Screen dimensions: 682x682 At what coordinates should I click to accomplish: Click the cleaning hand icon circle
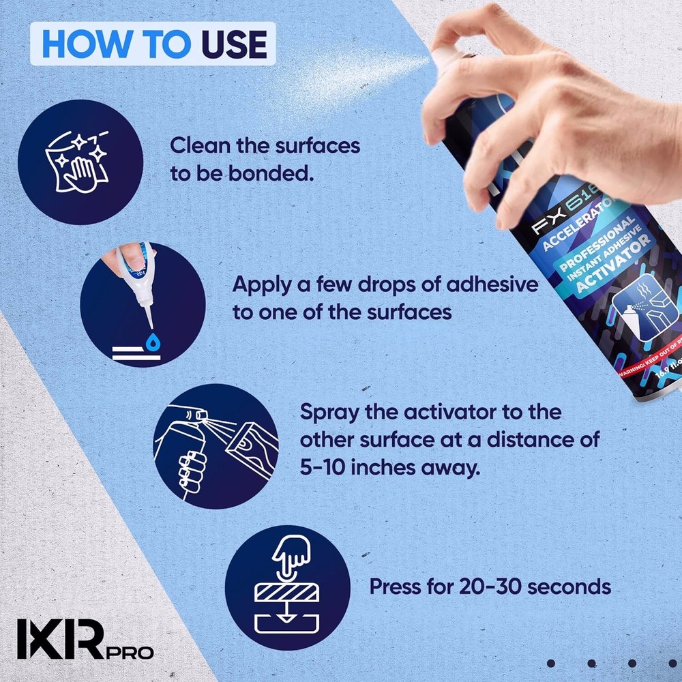[80, 162]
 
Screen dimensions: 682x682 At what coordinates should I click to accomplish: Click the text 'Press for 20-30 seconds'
[490, 587]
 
